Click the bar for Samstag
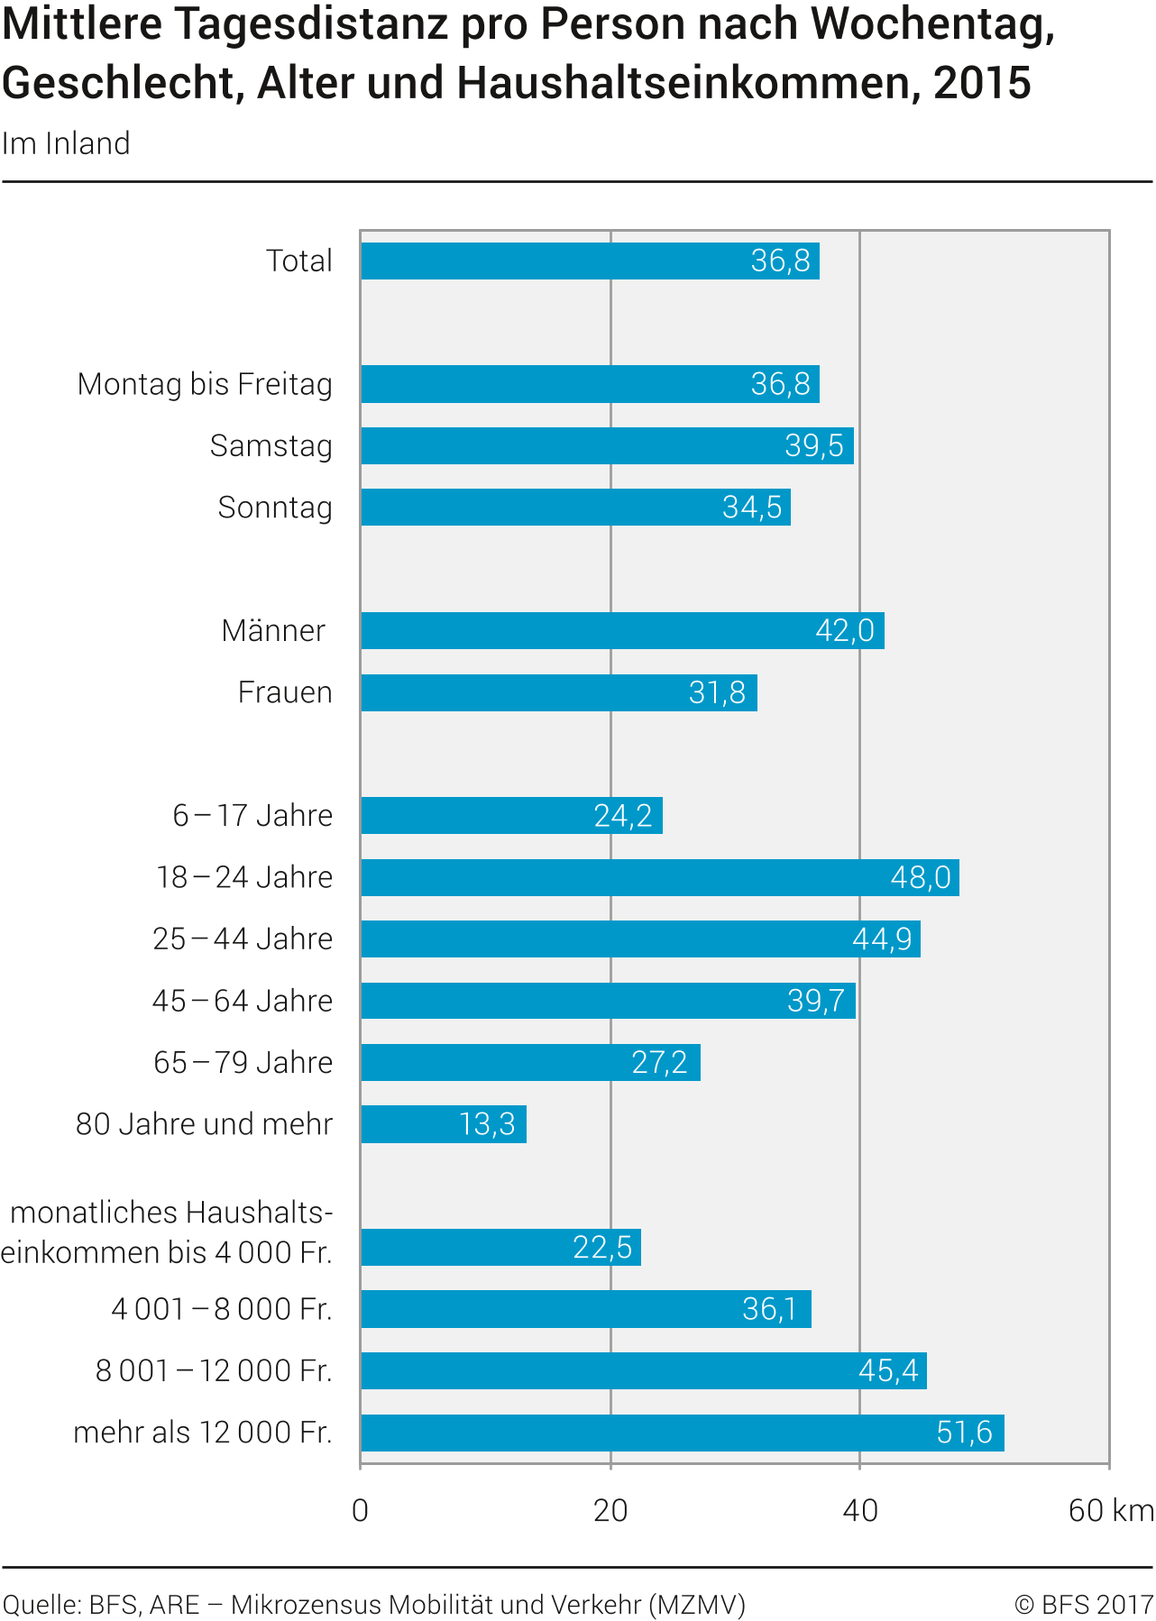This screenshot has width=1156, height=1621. tap(606, 446)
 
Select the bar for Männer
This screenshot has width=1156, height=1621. tap(622, 631)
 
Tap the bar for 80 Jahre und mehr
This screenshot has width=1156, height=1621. tap(443, 1124)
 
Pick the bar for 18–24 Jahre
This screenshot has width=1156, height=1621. tap(659, 877)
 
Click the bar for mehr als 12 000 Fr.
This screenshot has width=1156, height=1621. tap(682, 1433)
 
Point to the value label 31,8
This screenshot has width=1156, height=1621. tap(717, 693)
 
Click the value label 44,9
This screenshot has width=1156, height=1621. tap(882, 939)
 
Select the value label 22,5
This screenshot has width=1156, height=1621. tap(602, 1248)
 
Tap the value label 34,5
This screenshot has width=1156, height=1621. tap(752, 508)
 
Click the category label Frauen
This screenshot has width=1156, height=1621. tap(285, 692)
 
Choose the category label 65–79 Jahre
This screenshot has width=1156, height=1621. tap(243, 1063)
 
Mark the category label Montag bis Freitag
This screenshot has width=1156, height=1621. tap(205, 384)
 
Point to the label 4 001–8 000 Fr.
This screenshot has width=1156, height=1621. tap(222, 1309)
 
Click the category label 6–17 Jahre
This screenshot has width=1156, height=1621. tap(252, 816)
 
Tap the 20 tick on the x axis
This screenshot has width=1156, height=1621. tap(610, 1511)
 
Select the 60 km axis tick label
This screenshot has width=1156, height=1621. tap(1110, 1511)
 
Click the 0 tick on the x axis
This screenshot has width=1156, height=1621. tap(361, 1511)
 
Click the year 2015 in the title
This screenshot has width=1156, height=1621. tap(982, 83)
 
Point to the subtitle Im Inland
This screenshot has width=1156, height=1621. tap(66, 144)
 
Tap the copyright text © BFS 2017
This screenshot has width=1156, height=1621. tap(1083, 1606)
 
